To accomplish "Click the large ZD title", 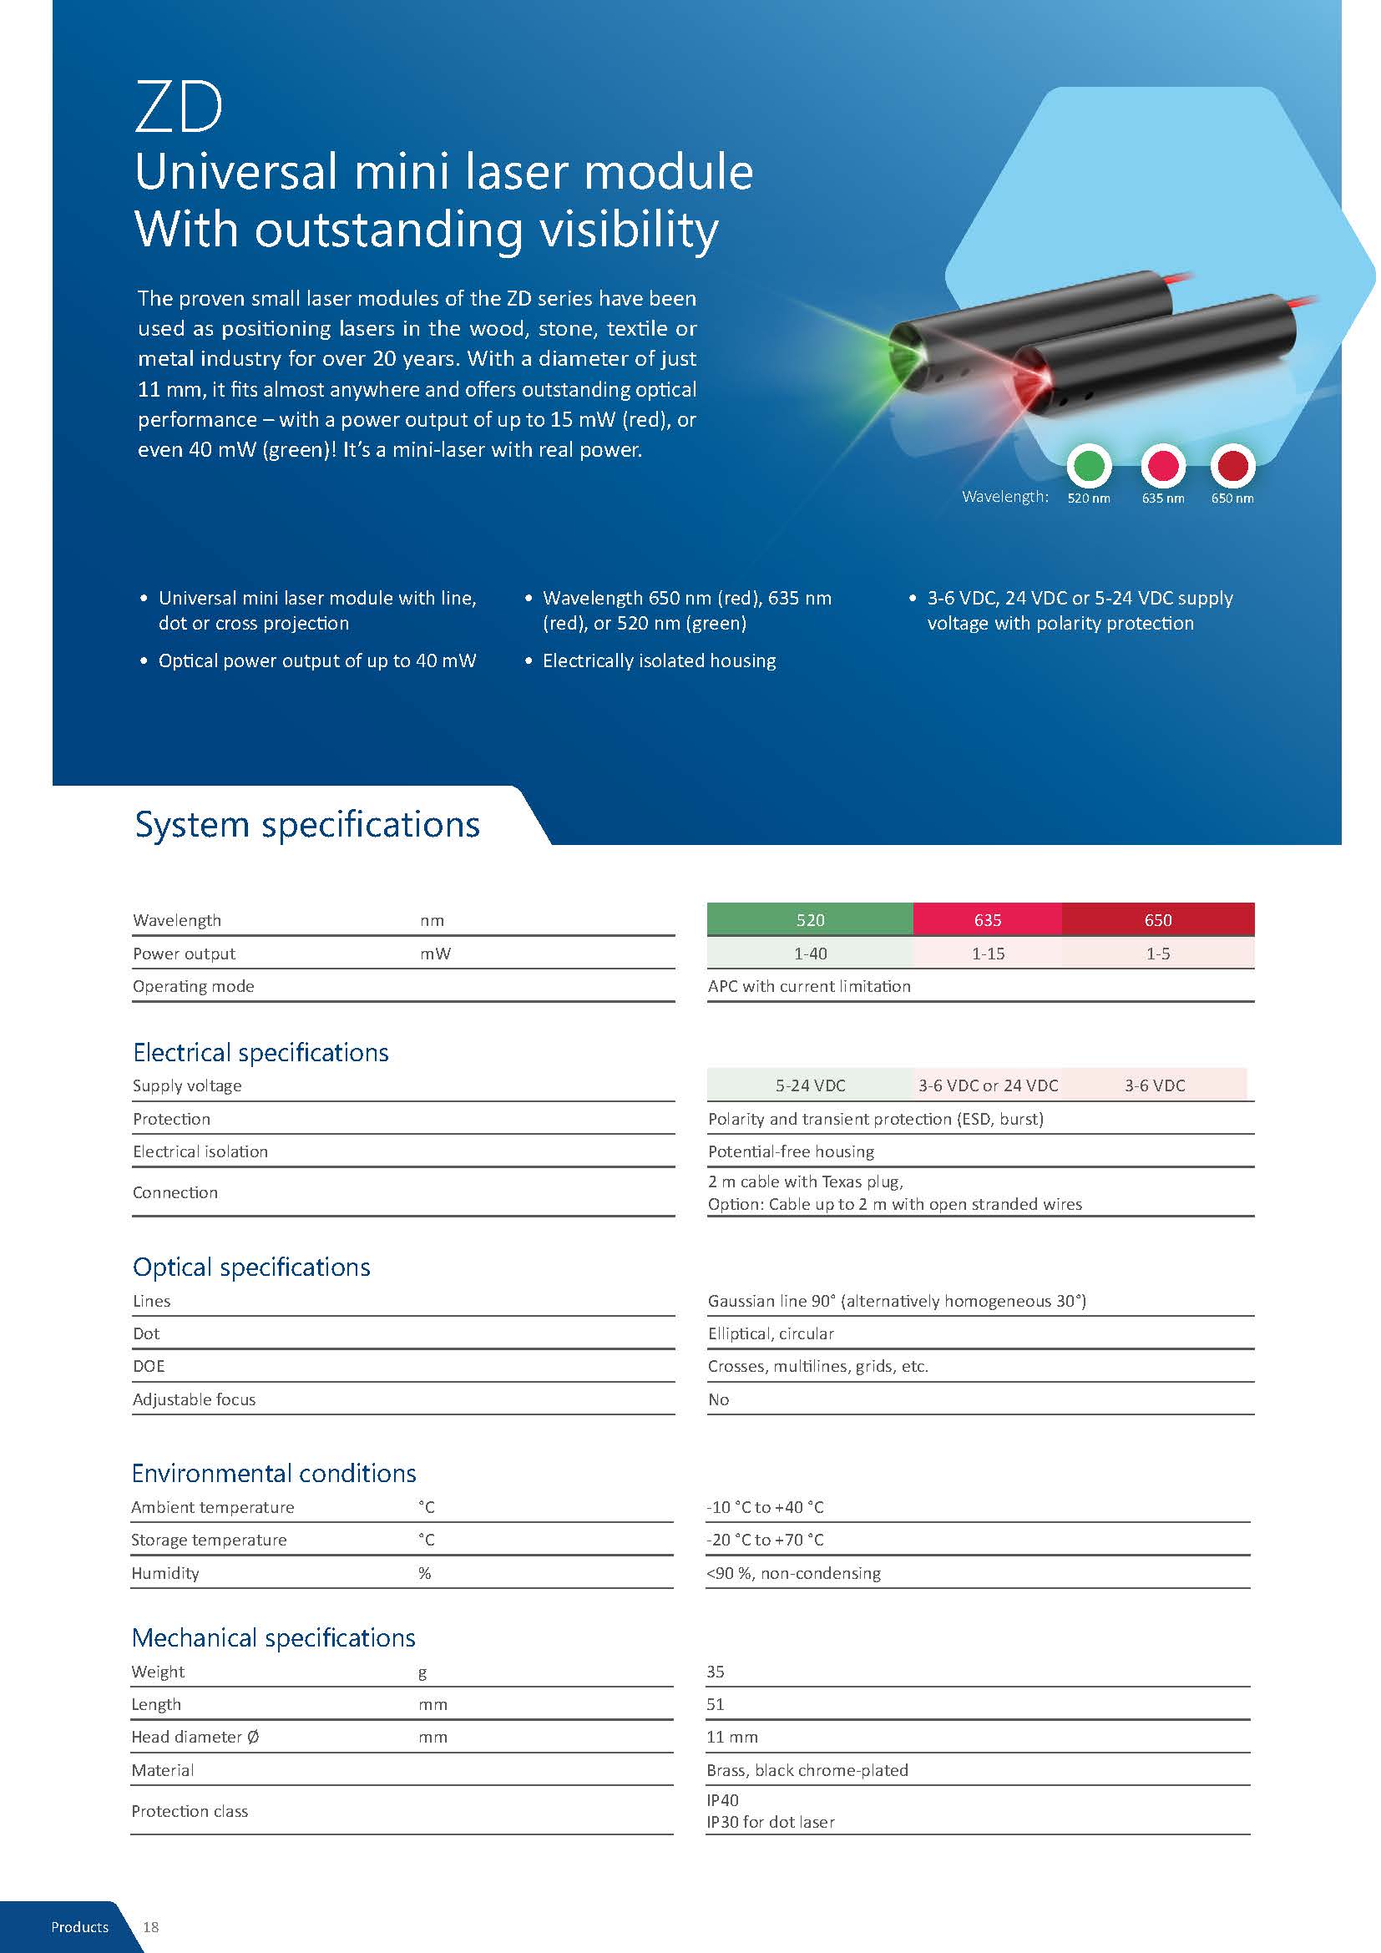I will tap(179, 108).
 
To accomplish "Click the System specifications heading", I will tap(307, 825).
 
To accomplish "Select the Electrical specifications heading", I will tap(261, 1052).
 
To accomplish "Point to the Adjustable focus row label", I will tap(194, 1399).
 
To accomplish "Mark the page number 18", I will tap(150, 1926).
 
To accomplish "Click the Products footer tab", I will tap(80, 1926).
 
